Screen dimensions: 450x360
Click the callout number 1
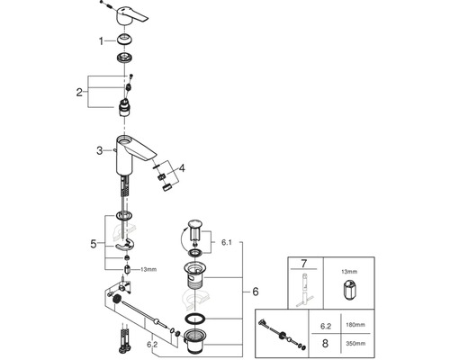[101, 41]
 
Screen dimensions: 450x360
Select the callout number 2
[79, 92]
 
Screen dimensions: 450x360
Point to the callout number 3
[100, 150]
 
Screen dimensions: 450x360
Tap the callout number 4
[182, 168]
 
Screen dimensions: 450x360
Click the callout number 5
[94, 244]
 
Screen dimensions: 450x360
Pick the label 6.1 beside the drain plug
[227, 242]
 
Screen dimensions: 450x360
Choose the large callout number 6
[256, 292]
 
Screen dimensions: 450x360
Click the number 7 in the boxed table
[304, 264]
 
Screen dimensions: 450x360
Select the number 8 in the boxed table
[325, 343]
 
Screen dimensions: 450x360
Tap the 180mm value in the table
[355, 325]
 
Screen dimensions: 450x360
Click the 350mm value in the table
[355, 344]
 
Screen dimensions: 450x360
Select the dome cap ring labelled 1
[125, 40]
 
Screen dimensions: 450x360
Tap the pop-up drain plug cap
[195, 224]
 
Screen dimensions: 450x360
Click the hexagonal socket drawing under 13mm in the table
[349, 290]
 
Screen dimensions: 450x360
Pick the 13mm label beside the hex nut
[148, 269]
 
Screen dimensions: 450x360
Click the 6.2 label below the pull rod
[152, 345]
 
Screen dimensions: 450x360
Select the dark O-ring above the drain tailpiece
[194, 319]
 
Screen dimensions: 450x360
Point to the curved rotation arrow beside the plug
[182, 238]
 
